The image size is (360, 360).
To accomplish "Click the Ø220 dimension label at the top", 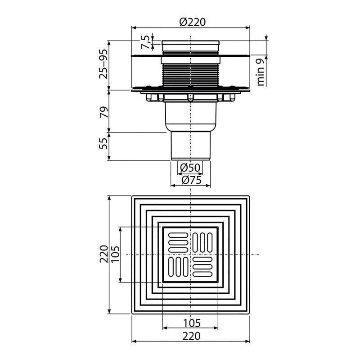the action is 193,22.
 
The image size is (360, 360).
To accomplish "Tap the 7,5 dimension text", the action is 146,42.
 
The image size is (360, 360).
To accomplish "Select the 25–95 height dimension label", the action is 103,64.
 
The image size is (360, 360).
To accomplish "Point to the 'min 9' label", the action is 261,72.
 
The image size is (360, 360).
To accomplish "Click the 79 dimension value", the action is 103,112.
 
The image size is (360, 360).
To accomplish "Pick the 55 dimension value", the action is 103,143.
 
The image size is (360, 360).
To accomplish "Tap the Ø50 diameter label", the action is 190,168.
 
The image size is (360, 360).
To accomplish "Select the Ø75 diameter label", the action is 191,180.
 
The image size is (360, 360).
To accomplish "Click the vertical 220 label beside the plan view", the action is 104,254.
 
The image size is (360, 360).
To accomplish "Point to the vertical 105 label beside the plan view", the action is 115,254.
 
